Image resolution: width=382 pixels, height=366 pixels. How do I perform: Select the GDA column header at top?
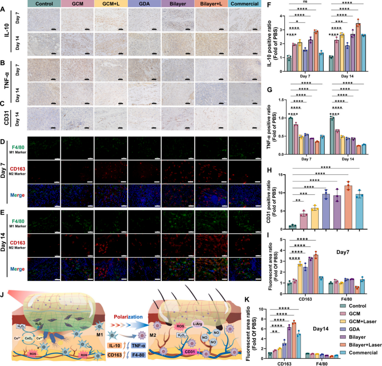point(144,4)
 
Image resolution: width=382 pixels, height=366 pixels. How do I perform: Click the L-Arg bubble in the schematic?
point(198,312)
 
